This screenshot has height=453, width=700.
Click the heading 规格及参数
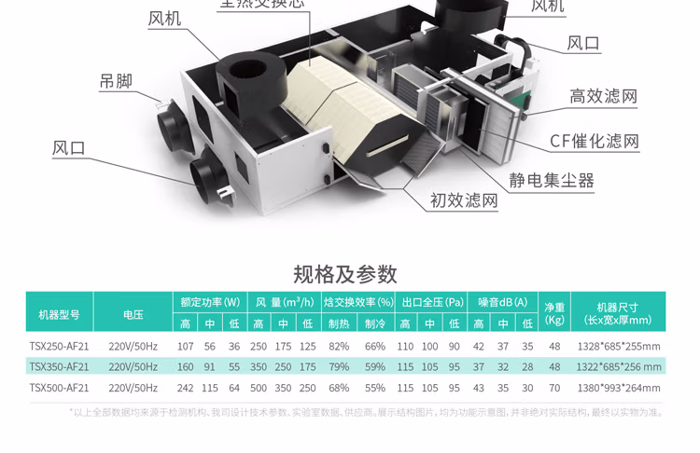click(x=345, y=274)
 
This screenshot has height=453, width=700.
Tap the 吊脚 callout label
click(x=117, y=81)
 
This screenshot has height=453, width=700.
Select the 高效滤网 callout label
click(x=603, y=96)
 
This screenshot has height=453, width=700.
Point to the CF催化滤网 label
click(x=595, y=142)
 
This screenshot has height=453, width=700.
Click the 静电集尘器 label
click(x=551, y=180)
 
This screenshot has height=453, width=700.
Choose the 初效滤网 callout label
click(x=464, y=199)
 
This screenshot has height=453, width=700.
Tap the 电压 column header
click(x=133, y=315)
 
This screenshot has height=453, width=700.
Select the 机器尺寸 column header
click(x=618, y=314)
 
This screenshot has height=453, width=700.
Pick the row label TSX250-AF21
click(x=59, y=346)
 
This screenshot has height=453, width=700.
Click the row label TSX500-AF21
click(x=59, y=388)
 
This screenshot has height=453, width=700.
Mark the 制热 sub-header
click(x=339, y=323)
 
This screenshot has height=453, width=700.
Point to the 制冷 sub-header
click(x=375, y=323)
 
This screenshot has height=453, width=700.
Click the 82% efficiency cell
click(x=339, y=346)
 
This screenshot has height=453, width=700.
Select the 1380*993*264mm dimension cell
click(x=618, y=388)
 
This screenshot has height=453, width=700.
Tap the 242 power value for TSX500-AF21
click(x=185, y=388)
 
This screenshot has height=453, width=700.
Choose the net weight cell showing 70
click(x=554, y=388)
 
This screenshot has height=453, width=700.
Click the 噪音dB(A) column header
click(x=503, y=303)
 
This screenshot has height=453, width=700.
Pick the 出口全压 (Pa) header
click(x=432, y=303)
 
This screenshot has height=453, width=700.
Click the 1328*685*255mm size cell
click(x=618, y=346)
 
